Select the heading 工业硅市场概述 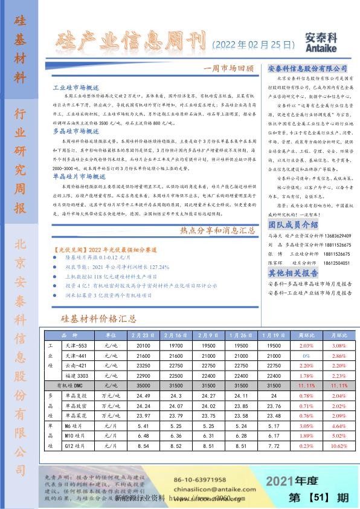pyautogui.click(x=72, y=88)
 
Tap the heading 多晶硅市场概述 pyautogui.click(x=72, y=131)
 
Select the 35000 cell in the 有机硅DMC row pyautogui.click(x=143, y=385)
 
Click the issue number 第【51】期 pyautogui.click(x=319, y=498)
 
